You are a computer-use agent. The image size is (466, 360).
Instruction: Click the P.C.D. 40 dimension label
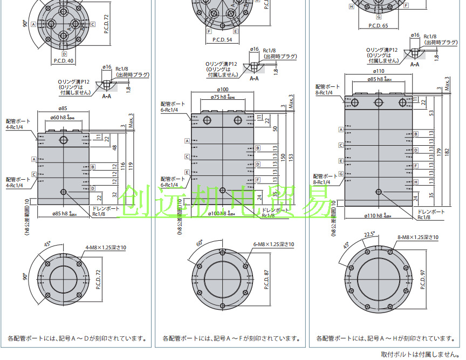point(64,60)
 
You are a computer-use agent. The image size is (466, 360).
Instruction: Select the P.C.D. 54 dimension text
point(222,39)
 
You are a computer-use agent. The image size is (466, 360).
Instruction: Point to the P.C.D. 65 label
point(378,25)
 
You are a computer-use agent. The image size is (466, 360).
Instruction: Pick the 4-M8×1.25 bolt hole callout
point(105,248)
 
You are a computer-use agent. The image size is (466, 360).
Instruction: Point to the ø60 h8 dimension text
point(64,117)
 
